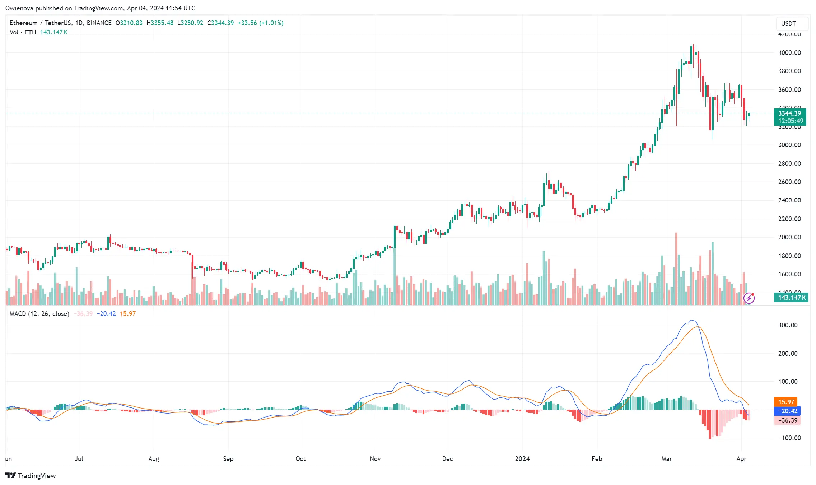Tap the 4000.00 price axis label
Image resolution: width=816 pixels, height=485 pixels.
pos(789,53)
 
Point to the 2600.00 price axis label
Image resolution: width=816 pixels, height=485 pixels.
pos(789,182)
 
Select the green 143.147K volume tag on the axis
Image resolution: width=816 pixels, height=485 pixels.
pos(791,298)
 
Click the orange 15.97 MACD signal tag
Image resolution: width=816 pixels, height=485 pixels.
pos(786,402)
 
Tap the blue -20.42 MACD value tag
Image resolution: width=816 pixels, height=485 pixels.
pos(787,411)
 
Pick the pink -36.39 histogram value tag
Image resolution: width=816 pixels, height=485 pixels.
pos(787,420)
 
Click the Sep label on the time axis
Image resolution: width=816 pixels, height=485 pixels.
pos(228,459)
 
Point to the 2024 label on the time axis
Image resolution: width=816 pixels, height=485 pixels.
pos(522,459)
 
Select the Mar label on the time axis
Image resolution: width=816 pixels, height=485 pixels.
pos(667,459)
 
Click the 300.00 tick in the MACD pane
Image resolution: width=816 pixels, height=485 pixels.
pos(788,325)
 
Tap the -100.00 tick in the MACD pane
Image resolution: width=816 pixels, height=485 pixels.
pos(789,438)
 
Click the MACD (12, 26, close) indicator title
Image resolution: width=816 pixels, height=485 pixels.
pos(39,314)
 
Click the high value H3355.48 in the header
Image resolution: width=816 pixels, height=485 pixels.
pos(160,23)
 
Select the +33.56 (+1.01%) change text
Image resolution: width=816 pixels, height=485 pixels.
pos(260,23)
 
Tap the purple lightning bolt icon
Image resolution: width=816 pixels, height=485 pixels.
pos(749,298)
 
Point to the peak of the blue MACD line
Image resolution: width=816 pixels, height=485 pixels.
pos(692,320)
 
